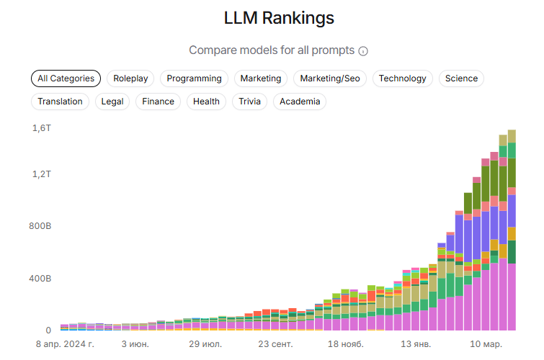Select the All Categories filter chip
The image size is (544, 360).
click(66, 78)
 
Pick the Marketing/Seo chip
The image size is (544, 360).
click(333, 78)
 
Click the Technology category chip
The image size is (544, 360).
click(402, 78)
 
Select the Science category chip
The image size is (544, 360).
click(461, 78)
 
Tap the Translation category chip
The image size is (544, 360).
click(60, 102)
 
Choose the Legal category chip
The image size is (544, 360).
click(112, 102)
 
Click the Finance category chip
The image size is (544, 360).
click(158, 102)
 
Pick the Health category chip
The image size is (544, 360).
click(206, 102)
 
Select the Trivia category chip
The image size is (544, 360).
click(249, 102)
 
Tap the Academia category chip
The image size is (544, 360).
click(300, 102)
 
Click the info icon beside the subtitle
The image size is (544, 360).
click(363, 51)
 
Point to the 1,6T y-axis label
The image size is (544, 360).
click(42, 128)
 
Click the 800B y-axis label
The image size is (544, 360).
click(40, 226)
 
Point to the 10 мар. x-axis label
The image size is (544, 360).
click(484, 344)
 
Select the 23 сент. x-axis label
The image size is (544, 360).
click(275, 344)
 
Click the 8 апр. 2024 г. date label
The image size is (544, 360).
click(65, 344)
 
